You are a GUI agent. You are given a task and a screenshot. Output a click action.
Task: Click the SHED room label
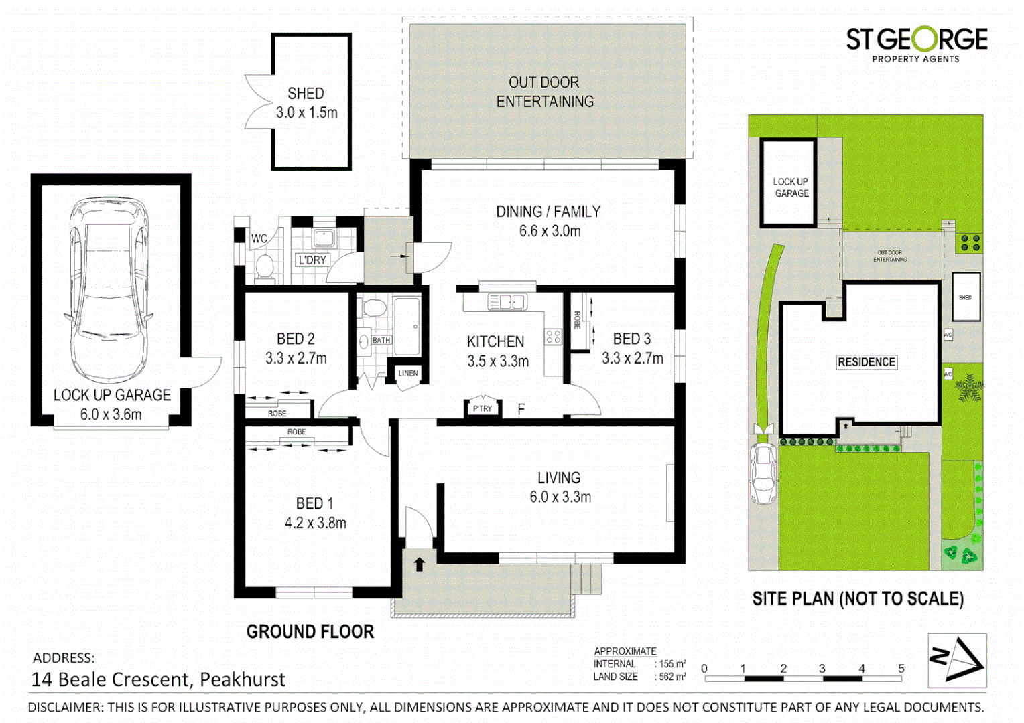click(x=306, y=94)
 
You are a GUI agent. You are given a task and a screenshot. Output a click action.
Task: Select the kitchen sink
click(x=507, y=302)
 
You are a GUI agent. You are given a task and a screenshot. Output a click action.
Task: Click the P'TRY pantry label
click(x=483, y=408)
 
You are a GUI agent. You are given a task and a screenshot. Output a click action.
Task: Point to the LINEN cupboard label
click(x=408, y=373)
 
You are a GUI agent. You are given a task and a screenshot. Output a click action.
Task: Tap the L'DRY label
click(x=312, y=260)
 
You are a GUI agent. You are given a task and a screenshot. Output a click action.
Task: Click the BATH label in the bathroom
click(x=381, y=340)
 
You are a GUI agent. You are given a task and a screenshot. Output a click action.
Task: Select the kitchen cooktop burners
click(x=553, y=337)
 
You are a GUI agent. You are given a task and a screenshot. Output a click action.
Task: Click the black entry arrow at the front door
click(x=420, y=564)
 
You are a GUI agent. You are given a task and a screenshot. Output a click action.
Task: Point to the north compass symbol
click(x=957, y=660)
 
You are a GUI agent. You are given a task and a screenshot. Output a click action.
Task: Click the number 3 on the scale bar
click(x=822, y=668)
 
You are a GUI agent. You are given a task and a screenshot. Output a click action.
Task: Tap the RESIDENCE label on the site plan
click(x=866, y=362)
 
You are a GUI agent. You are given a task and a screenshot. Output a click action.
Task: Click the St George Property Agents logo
click(x=916, y=44)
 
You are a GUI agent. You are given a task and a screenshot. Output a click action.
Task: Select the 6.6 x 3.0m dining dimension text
click(x=550, y=231)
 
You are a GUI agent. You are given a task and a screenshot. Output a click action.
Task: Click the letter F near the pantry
click(x=521, y=409)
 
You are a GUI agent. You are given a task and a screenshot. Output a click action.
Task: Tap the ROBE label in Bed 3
click(x=577, y=320)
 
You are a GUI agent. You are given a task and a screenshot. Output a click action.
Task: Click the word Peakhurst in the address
click(x=243, y=679)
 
